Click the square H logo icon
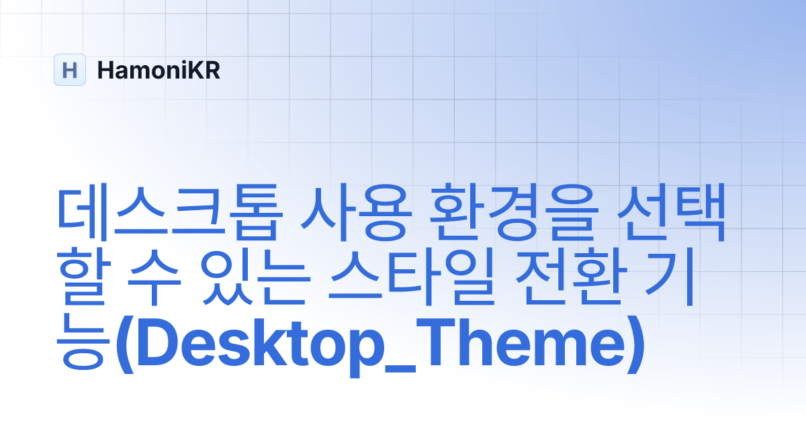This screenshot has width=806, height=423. (70, 70)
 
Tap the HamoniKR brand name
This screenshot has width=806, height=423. (159, 70)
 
